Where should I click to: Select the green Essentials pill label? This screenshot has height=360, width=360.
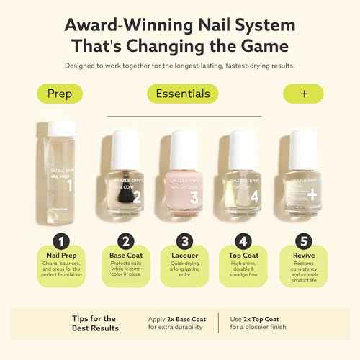pos(180,94)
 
